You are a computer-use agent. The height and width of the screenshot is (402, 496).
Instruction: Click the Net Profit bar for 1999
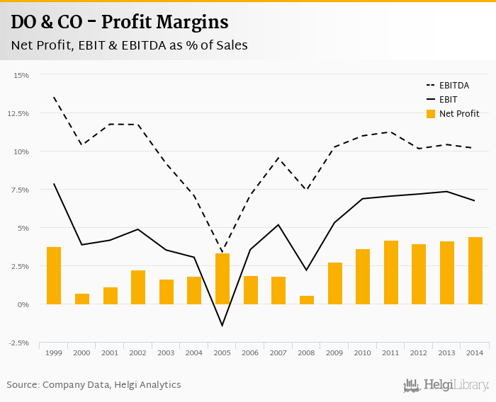click(54, 275)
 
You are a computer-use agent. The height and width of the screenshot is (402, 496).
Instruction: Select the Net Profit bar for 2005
click(222, 279)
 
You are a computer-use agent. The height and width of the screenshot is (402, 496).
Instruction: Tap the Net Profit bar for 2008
click(307, 300)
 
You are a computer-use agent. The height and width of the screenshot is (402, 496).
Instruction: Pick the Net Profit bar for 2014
click(475, 271)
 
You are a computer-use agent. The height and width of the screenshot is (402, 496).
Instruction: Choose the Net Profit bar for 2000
click(82, 299)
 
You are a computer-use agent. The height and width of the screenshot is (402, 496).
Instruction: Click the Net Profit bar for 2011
click(391, 272)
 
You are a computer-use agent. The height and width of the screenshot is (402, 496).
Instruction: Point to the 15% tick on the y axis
click(21, 75)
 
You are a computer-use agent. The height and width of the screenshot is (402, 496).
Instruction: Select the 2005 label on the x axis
click(222, 352)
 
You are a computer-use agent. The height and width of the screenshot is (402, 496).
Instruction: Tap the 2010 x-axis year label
click(363, 352)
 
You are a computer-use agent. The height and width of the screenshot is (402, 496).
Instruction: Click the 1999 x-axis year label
click(54, 352)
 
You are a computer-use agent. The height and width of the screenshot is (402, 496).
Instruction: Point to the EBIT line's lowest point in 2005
click(222, 326)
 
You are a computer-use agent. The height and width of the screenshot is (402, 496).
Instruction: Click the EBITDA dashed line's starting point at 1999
click(54, 97)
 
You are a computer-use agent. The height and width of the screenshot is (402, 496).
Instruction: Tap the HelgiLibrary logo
click(446, 385)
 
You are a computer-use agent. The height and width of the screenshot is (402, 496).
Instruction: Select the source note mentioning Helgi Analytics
click(94, 385)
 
